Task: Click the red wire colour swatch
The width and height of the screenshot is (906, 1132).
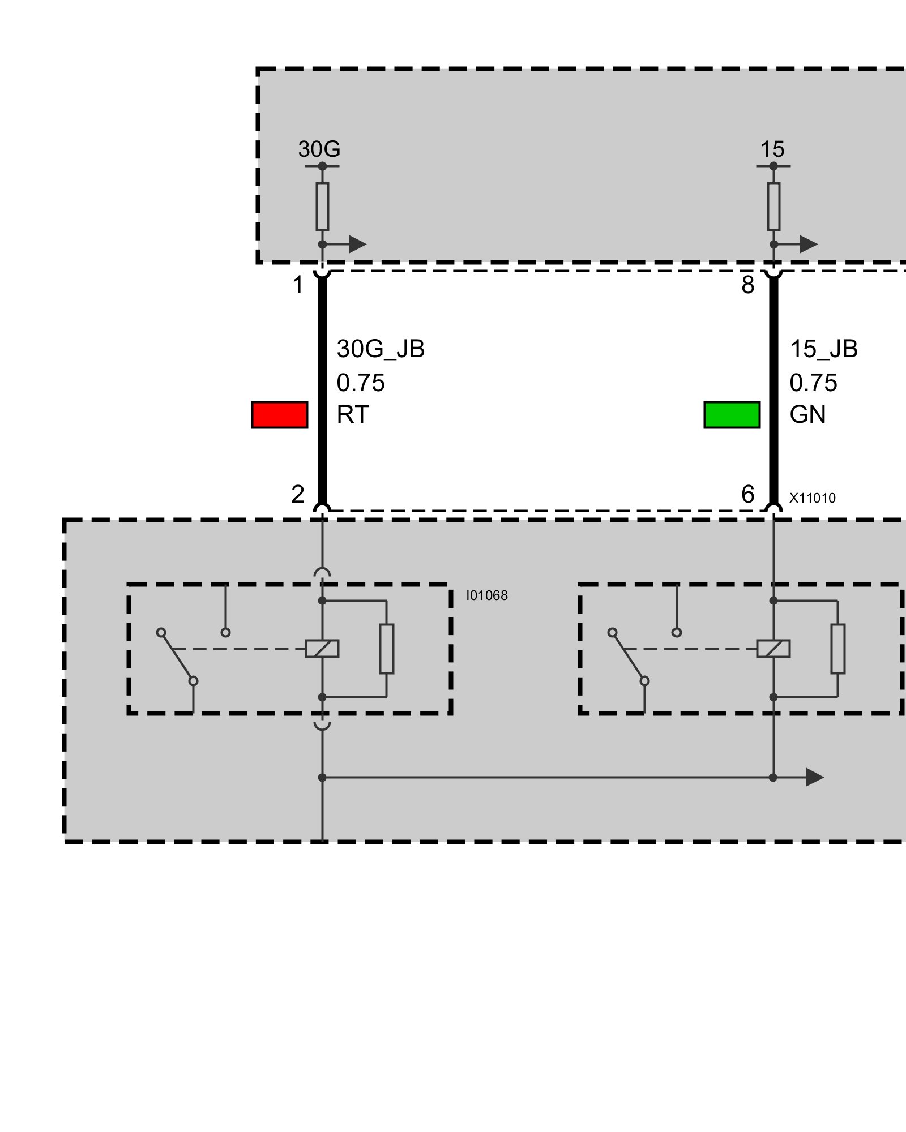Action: pyautogui.click(x=279, y=415)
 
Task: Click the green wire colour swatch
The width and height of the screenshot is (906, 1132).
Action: pyautogui.click(x=732, y=415)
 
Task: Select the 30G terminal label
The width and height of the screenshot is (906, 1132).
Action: pyautogui.click(x=319, y=149)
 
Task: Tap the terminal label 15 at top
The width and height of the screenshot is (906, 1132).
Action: pyautogui.click(x=772, y=149)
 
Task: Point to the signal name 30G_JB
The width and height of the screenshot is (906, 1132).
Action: pyautogui.click(x=381, y=349)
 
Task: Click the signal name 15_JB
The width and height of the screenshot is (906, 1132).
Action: pyautogui.click(x=824, y=349)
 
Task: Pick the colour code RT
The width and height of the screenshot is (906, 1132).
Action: pyautogui.click(x=353, y=415)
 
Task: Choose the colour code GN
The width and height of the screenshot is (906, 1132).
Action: pyautogui.click(x=807, y=415)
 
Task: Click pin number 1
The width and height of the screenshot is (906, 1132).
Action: pyautogui.click(x=298, y=285)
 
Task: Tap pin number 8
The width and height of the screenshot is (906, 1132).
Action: pyautogui.click(x=748, y=285)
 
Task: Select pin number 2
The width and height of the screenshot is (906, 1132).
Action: pyautogui.click(x=298, y=495)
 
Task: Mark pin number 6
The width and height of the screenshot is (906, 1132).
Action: pyautogui.click(x=748, y=495)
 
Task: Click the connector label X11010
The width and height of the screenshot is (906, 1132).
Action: pyautogui.click(x=813, y=498)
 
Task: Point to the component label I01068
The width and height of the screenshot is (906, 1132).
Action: pyautogui.click(x=487, y=595)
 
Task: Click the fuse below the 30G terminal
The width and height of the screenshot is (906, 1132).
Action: pyautogui.click(x=322, y=207)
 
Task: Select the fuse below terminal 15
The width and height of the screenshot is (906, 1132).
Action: pyautogui.click(x=773, y=207)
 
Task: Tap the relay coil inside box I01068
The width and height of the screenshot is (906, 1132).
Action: pyautogui.click(x=322, y=649)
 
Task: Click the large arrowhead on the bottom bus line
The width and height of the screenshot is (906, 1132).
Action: pyautogui.click(x=814, y=778)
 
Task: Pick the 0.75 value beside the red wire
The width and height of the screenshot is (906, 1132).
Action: pyautogui.click(x=361, y=383)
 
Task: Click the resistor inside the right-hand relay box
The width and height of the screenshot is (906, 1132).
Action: pyautogui.click(x=838, y=649)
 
